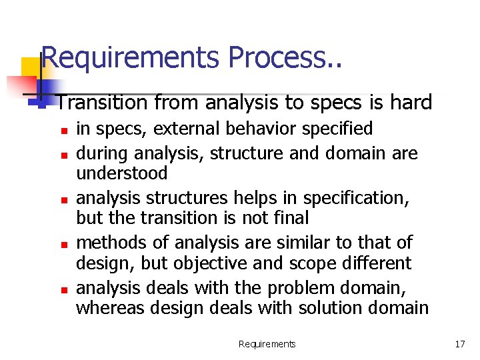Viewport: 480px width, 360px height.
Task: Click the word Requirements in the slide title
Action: (131, 58)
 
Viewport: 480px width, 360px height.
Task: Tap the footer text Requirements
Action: (267, 344)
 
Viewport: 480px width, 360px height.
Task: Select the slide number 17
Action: (459, 344)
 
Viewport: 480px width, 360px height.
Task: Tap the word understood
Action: (122, 173)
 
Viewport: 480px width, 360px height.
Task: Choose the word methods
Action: (109, 242)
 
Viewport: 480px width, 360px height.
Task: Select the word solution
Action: (315, 307)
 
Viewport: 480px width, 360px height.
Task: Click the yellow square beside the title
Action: (31, 67)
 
